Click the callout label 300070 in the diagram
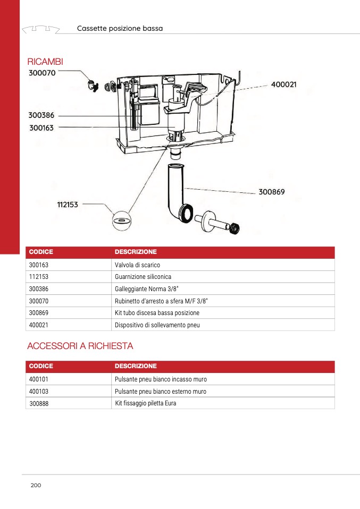(42, 73)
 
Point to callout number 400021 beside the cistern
(283, 85)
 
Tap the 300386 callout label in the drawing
(42, 115)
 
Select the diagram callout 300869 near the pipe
(272, 191)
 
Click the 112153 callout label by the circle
(68, 204)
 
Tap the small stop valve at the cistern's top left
(93, 84)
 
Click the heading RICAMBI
(45, 62)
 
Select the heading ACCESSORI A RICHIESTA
(80, 346)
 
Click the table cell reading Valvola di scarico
(137, 265)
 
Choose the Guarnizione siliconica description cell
(143, 277)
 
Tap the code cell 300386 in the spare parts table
(39, 289)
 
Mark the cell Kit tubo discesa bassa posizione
(157, 312)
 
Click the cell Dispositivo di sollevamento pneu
(157, 325)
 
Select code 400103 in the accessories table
(39, 392)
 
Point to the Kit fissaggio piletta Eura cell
(146, 403)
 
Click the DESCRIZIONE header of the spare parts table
(136, 252)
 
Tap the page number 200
(36, 485)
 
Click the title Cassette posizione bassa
(120, 28)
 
